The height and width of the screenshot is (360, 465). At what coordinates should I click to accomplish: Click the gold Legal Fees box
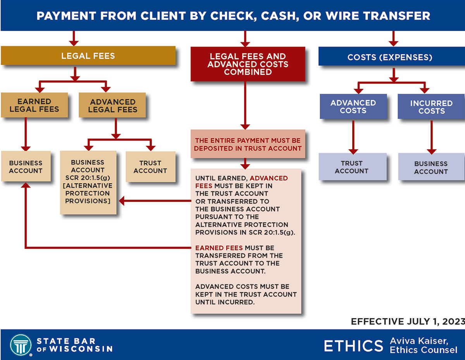click(x=88, y=56)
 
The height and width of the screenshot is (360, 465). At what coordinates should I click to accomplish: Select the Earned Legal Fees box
click(x=34, y=105)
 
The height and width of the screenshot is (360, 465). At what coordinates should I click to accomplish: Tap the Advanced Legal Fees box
click(x=112, y=105)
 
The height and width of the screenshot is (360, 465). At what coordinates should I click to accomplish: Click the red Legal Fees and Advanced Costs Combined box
click(x=248, y=64)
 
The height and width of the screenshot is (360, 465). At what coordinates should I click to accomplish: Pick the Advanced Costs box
click(x=353, y=107)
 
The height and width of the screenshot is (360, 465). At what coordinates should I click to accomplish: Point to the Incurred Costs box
click(x=431, y=107)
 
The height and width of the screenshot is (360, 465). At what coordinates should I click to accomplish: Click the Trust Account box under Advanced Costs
click(x=352, y=167)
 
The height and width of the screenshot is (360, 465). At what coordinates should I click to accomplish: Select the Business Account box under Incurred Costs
click(x=431, y=167)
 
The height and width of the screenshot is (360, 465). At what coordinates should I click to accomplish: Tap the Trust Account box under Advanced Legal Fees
click(x=150, y=167)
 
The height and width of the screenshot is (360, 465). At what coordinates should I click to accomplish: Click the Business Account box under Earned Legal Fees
click(x=26, y=167)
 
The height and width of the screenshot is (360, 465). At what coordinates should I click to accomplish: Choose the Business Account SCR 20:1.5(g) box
click(x=88, y=182)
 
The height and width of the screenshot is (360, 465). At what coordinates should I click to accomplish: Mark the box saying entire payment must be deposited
click(x=248, y=144)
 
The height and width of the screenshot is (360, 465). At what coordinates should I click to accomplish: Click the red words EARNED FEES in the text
click(x=219, y=248)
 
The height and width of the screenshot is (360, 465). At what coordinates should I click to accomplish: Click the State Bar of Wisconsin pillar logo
click(x=21, y=344)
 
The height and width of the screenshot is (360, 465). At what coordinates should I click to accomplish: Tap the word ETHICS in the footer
click(x=353, y=346)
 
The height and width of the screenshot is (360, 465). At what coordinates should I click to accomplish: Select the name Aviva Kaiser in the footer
click(x=419, y=341)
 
